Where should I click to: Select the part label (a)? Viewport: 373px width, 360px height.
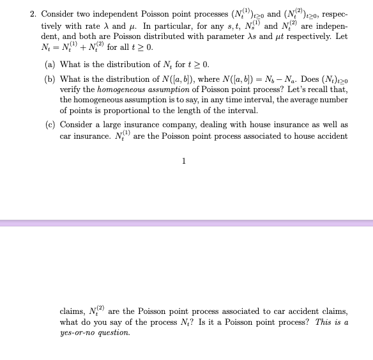click(50, 65)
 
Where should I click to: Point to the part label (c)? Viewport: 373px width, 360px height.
click(50, 124)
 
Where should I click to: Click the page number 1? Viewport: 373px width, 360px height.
click(184, 160)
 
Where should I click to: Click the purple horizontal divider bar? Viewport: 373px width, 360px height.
click(187, 223)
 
